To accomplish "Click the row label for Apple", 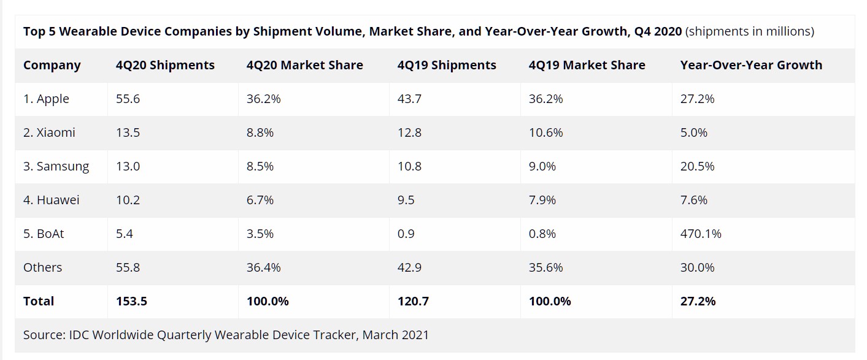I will pyautogui.click(x=46, y=99).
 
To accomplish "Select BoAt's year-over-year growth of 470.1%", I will pyautogui.click(x=701, y=234).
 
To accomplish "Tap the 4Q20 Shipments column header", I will pyautogui.click(x=165, y=65).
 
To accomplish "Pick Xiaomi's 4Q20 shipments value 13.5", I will pyautogui.click(x=128, y=132).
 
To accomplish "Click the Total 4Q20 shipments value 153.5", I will pyautogui.click(x=131, y=301).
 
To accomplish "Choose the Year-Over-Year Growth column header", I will pyautogui.click(x=751, y=65).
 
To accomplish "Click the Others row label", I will pyautogui.click(x=42, y=267).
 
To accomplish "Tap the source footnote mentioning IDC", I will pyautogui.click(x=226, y=335).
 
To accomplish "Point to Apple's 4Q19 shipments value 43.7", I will pyautogui.click(x=409, y=99).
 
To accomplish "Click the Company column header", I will pyautogui.click(x=52, y=65).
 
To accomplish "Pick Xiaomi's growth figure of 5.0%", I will pyautogui.click(x=694, y=132).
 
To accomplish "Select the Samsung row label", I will pyautogui.click(x=56, y=166).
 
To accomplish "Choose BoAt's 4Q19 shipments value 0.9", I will pyautogui.click(x=406, y=234).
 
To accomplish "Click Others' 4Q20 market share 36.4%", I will pyautogui.click(x=264, y=267).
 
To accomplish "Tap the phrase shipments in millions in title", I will pyautogui.click(x=750, y=31).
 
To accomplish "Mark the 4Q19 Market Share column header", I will pyautogui.click(x=587, y=65).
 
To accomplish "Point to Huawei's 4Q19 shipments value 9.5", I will pyautogui.click(x=406, y=200).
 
